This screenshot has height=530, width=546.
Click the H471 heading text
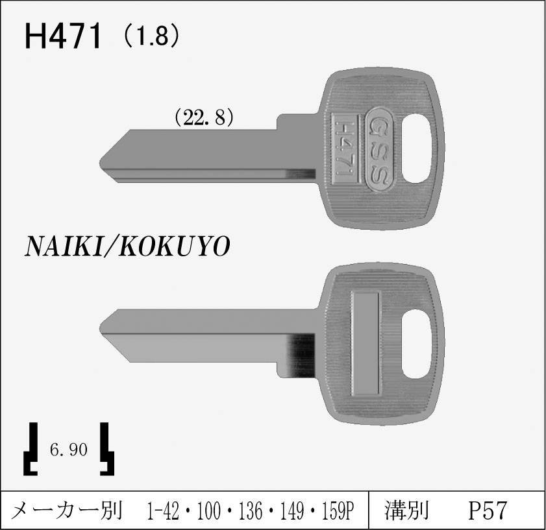(x=63, y=36)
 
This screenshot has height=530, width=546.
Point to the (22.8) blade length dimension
(x=204, y=117)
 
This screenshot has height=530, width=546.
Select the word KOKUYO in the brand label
(x=175, y=247)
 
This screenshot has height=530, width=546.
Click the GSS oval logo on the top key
(x=380, y=149)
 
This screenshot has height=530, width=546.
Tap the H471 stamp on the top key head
(x=345, y=149)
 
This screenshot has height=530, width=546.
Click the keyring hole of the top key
(x=417, y=149)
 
